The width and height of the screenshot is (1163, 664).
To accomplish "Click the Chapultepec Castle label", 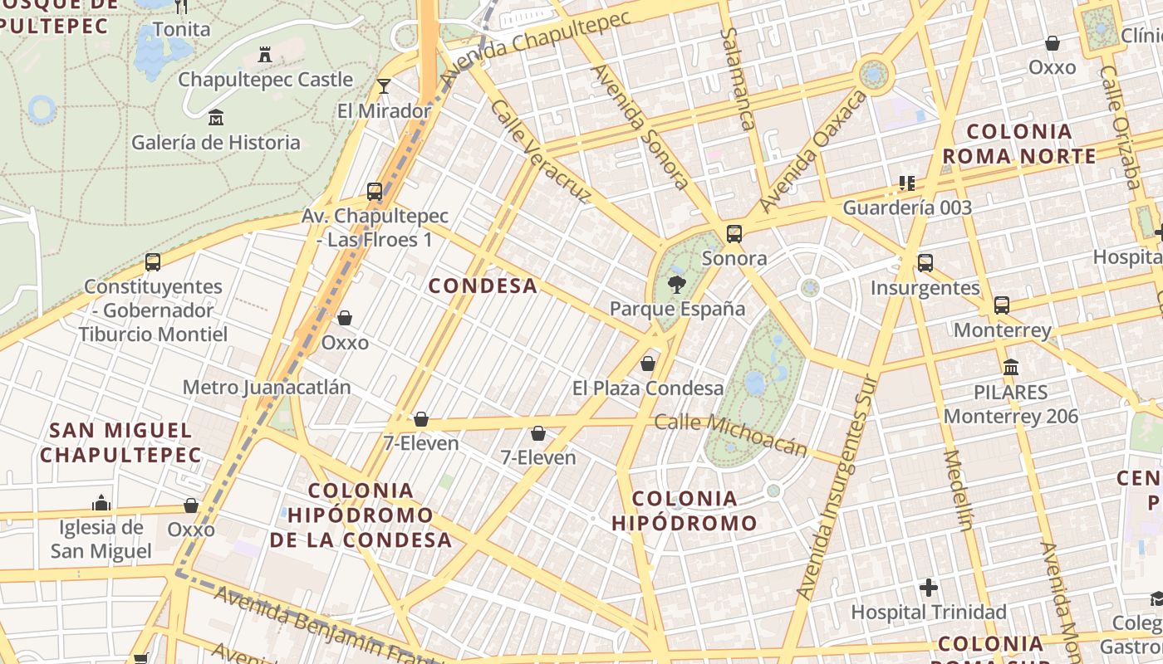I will [x=265, y=80].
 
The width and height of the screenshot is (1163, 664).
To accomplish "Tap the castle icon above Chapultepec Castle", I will [x=265, y=55].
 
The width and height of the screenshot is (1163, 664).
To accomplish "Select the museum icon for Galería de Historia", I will [x=216, y=117].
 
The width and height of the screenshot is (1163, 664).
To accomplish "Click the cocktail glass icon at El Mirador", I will [x=383, y=85].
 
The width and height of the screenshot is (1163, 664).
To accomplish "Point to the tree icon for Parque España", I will [x=677, y=285].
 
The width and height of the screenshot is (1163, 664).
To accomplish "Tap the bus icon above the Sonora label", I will [x=734, y=234].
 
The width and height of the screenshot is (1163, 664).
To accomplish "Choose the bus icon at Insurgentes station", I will [x=925, y=263].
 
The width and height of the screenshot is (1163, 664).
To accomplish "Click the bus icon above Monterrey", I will [x=1002, y=305].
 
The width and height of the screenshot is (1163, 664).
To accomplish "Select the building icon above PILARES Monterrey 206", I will [x=1011, y=367].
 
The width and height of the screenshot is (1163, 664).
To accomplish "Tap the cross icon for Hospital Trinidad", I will [x=929, y=588].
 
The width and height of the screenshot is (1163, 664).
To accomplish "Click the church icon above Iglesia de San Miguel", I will [x=101, y=503].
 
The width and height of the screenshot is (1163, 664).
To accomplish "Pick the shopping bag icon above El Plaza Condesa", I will [x=648, y=364].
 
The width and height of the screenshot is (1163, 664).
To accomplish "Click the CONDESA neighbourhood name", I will [x=483, y=286].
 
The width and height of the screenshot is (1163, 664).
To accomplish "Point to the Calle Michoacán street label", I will [x=731, y=434].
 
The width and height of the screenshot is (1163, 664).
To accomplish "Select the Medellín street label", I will [x=958, y=490].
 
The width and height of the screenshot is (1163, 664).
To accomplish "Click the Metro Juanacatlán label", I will [x=267, y=388].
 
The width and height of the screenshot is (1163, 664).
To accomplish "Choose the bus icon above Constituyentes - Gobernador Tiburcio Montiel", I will [x=153, y=262].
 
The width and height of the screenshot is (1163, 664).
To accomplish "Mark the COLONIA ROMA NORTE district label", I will [x=1019, y=144].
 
